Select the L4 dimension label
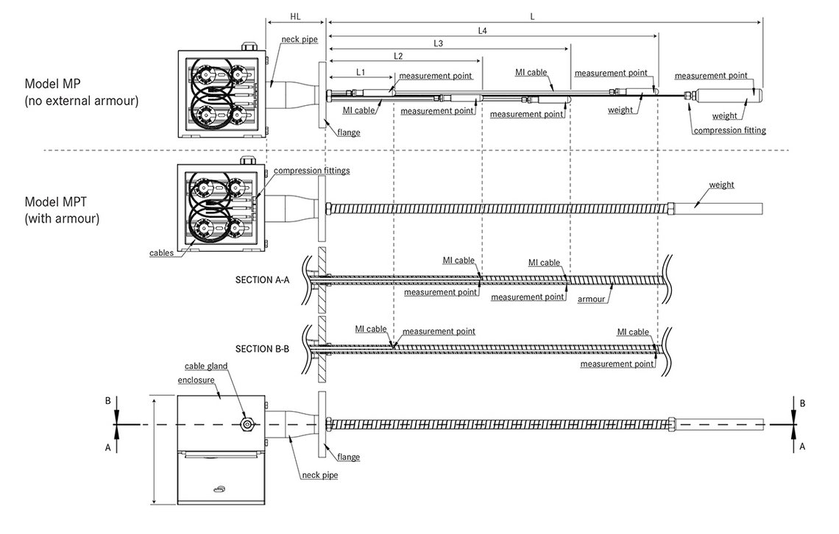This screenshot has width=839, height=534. tap(483, 30)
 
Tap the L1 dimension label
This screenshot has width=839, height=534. tap(361, 71)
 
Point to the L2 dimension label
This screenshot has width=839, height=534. tap(398, 56)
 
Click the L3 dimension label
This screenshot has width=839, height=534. tap(438, 43)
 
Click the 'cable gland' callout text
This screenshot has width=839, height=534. tap(207, 366)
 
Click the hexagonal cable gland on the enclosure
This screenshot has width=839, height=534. tap(246, 424)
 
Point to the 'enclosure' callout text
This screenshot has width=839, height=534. tap(195, 381)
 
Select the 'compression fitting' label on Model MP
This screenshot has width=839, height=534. tap(729, 131)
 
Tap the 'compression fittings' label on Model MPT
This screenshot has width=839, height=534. tap(311, 171)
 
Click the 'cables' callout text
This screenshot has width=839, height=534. tap(161, 252)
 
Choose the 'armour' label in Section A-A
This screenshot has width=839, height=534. tap(592, 299)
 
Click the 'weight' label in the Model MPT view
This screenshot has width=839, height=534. tap(721, 185)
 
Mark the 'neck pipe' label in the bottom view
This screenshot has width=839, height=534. tap(319, 475)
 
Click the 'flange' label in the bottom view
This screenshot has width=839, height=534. tap(348, 457)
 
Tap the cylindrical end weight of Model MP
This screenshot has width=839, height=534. tap(727, 97)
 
